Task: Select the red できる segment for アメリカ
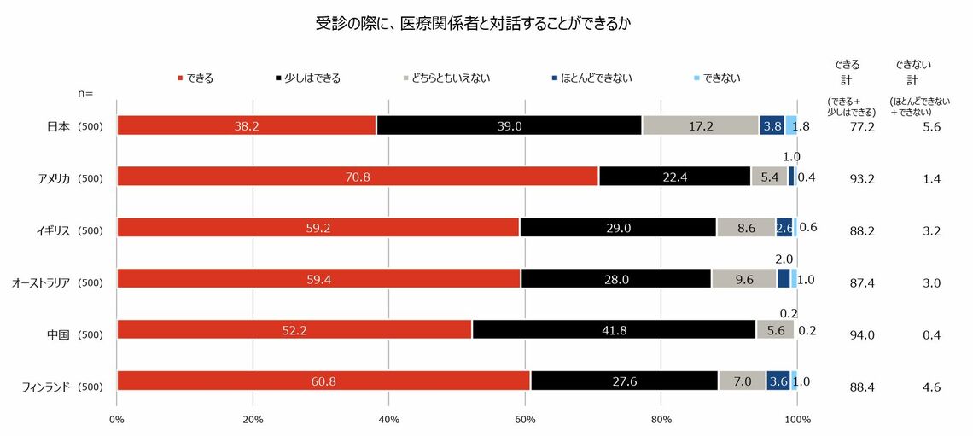[x=358, y=177]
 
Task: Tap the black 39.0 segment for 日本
[x=509, y=125]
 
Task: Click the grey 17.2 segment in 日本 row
[x=700, y=125]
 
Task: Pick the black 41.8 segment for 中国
[x=614, y=329]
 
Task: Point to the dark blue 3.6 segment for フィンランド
[x=778, y=381]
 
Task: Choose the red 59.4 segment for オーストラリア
[x=318, y=279]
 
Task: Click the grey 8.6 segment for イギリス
[x=746, y=228]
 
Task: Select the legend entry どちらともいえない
[x=446, y=78]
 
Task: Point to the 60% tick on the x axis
[x=525, y=419]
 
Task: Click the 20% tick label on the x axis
[x=253, y=419]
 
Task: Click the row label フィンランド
[x=45, y=387]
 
